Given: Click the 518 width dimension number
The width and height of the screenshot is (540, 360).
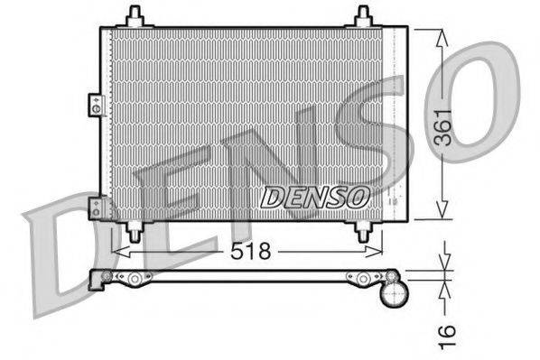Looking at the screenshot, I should (251, 252).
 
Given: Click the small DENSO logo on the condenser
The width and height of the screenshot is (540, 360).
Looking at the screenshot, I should (315, 194).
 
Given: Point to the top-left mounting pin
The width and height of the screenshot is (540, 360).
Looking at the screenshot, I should (135, 16).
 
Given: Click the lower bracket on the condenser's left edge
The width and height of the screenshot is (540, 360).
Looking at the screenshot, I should (96, 208).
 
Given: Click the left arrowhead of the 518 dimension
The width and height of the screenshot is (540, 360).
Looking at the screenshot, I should (116, 253).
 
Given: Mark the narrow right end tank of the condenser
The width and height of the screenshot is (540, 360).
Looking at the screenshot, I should (397, 123).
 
